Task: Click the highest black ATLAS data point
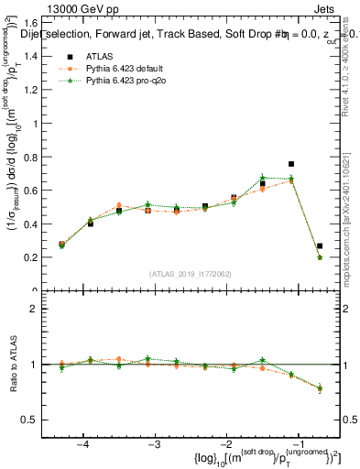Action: [291, 164]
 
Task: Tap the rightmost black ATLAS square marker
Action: [320, 245]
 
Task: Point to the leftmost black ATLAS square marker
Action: [61, 245]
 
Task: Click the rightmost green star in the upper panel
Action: [320, 257]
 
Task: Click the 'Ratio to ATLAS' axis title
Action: [12, 365]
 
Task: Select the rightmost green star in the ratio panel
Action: [320, 388]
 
